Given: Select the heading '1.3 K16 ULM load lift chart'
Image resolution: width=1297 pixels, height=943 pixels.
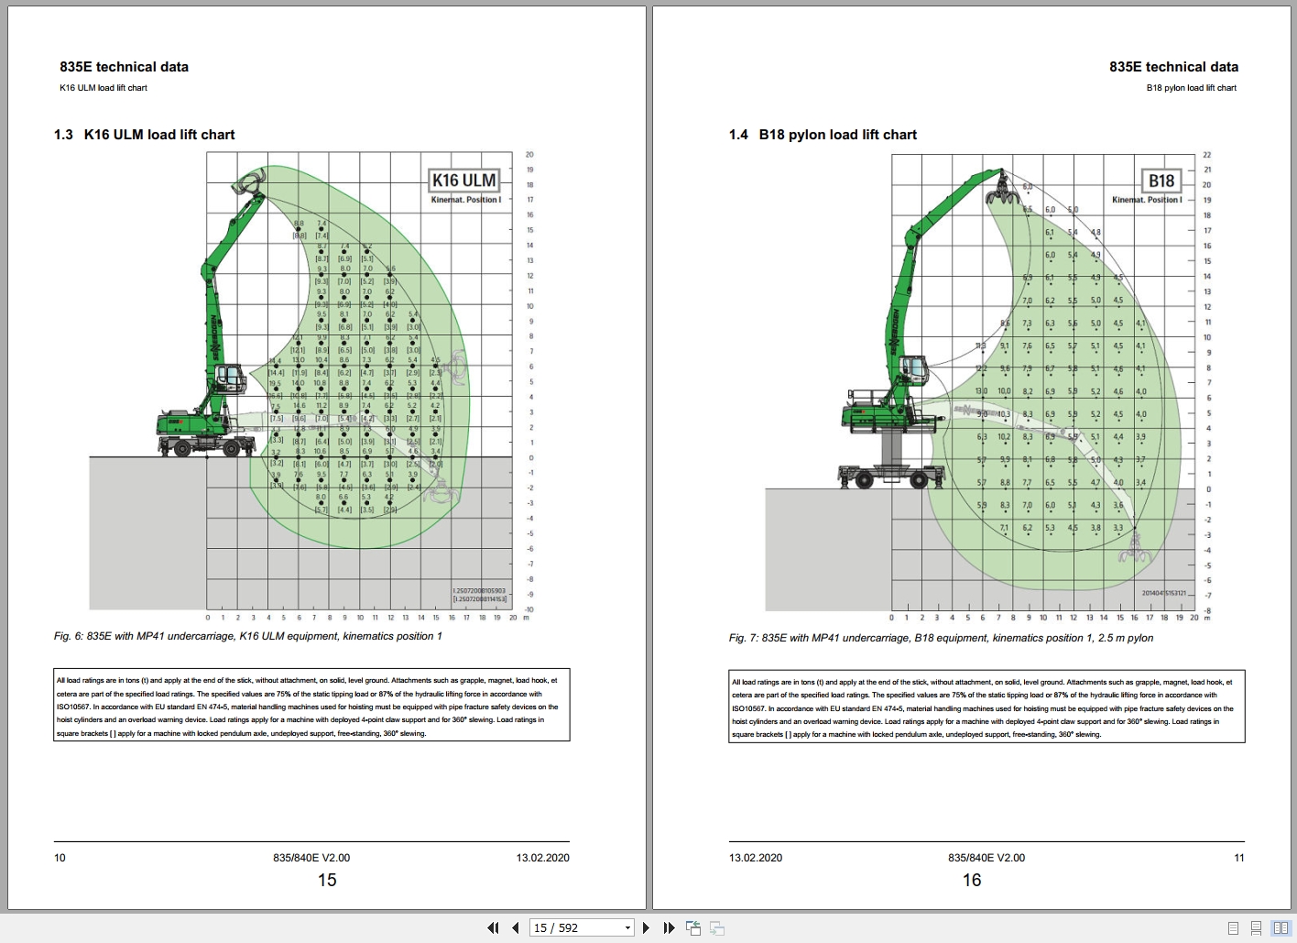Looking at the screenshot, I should coord(145,135).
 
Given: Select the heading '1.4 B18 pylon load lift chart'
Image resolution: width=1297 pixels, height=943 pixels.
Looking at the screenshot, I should coord(823,135).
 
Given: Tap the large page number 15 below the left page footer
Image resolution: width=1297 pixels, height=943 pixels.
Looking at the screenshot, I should coord(327,881).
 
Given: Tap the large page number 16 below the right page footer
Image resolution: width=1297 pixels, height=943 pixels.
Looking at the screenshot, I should coord(972,881).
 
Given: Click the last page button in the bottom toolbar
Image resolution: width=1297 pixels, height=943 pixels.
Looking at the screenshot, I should coord(669,928).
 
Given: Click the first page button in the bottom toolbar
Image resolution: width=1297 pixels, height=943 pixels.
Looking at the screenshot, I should coord(493,928).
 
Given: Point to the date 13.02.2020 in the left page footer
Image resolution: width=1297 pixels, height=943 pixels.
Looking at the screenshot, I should coord(542,859).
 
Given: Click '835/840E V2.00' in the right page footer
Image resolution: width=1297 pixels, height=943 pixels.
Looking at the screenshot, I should coord(986,859).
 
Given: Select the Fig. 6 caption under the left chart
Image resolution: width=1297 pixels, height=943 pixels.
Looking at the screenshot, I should coord(247,636).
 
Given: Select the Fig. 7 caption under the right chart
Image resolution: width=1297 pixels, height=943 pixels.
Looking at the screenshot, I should coord(941,638).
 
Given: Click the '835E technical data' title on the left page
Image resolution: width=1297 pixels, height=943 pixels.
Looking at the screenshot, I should coord(124,67).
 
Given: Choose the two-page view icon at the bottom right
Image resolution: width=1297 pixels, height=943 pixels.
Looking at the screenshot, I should coord(1281,928).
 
